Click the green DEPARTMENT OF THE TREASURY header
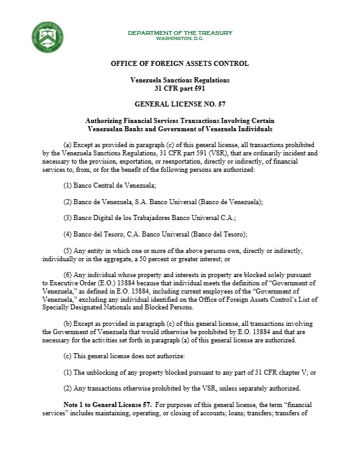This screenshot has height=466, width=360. [179, 33]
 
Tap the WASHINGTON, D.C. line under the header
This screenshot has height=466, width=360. [180, 38]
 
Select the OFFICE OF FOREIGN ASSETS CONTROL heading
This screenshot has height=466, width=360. [179, 63]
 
